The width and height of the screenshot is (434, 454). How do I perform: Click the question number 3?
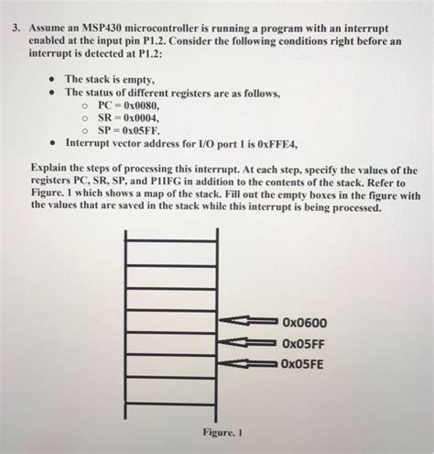16,27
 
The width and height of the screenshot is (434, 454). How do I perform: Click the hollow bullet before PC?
83,105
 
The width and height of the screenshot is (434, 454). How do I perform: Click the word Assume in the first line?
49,27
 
